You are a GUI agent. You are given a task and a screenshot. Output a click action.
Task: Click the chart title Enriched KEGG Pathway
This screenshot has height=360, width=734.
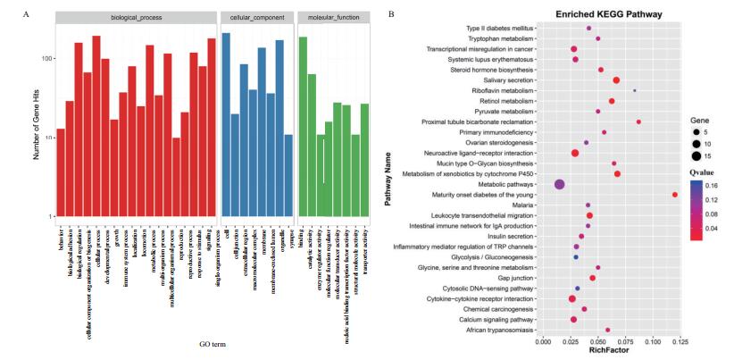(587, 15)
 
